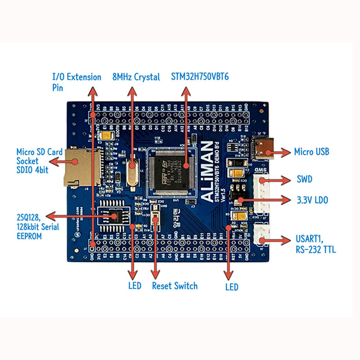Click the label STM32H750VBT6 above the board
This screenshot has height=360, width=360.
point(200,77)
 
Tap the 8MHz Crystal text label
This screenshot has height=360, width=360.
point(136,77)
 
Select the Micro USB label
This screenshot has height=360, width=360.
point(311,152)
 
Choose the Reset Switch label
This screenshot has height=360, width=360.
point(175,286)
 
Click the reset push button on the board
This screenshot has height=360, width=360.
point(156,219)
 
